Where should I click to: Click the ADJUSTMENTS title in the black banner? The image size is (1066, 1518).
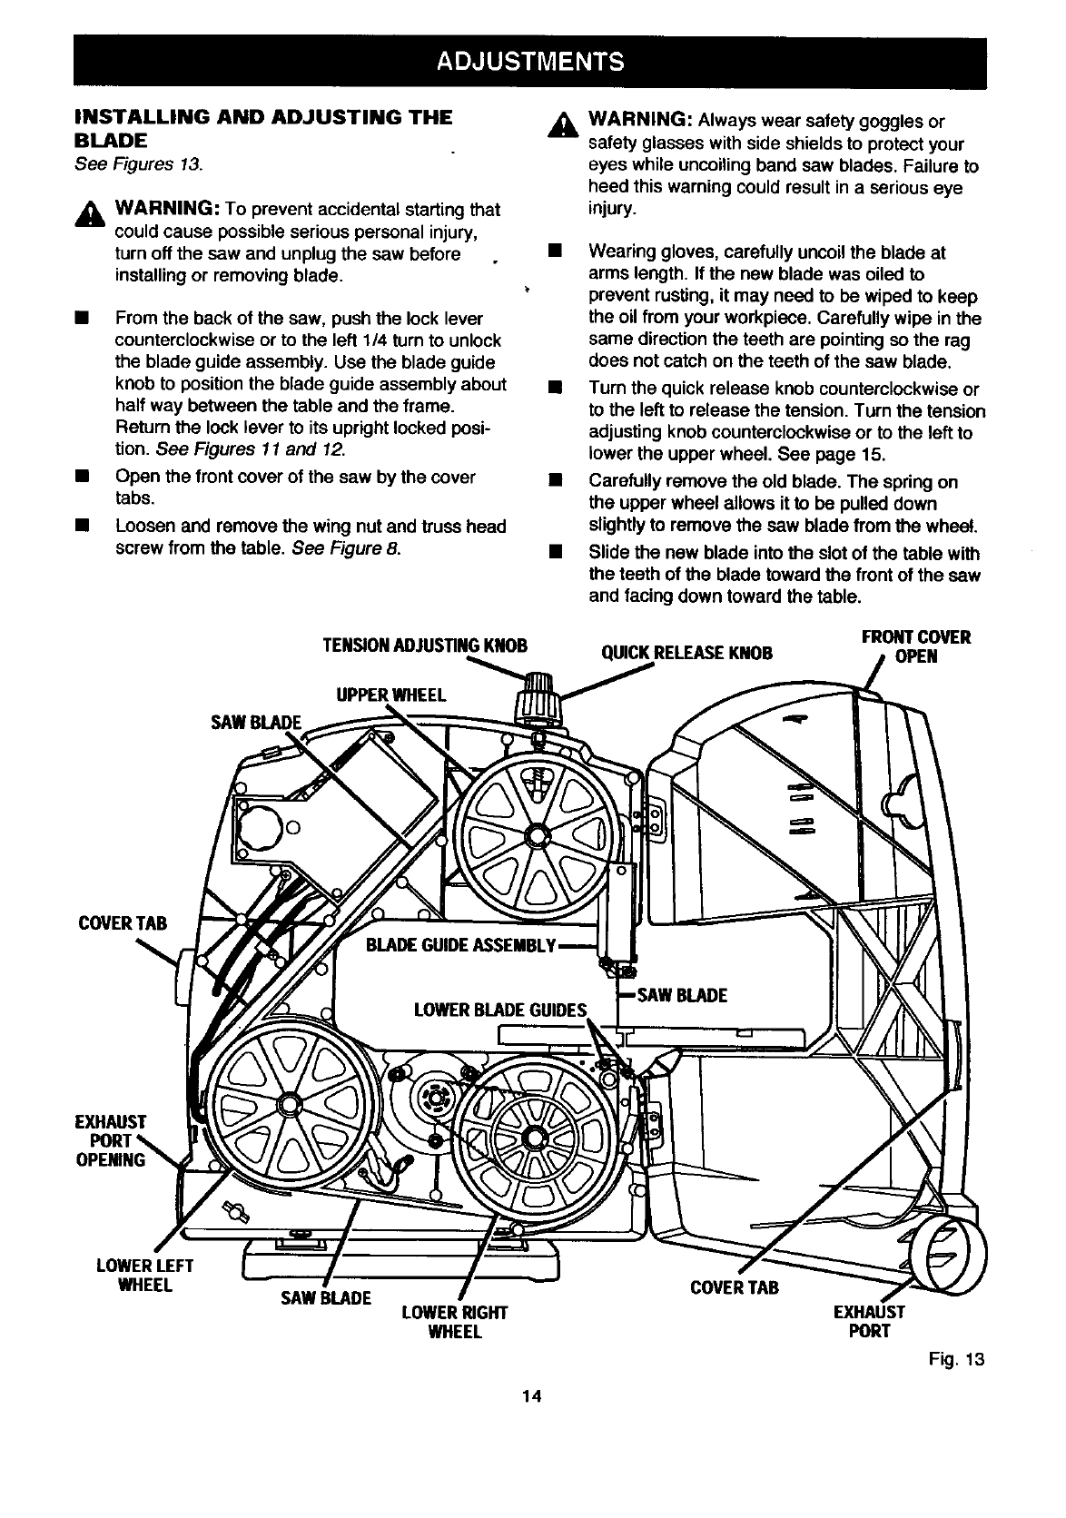[530, 62]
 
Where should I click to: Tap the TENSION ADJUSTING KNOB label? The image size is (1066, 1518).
[425, 646]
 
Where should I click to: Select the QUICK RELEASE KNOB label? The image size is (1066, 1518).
[686, 653]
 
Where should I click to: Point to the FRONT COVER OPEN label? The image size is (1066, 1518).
[915, 646]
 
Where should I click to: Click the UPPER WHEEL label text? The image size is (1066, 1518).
[391, 695]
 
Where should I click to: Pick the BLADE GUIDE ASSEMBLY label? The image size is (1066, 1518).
[461, 945]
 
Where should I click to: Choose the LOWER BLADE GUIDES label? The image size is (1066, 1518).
[500, 1010]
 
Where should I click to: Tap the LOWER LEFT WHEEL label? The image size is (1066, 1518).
[144, 1276]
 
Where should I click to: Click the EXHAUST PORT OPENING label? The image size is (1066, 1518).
[111, 1140]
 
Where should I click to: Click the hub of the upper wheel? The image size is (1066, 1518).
[538, 834]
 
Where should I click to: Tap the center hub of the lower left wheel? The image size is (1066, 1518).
[289, 1103]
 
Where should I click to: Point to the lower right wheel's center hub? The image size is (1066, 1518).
[535, 1138]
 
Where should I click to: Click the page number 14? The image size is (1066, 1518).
[532, 1396]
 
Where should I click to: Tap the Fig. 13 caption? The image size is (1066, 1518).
[956, 1359]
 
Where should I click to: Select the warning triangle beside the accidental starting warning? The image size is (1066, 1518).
[90, 214]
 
